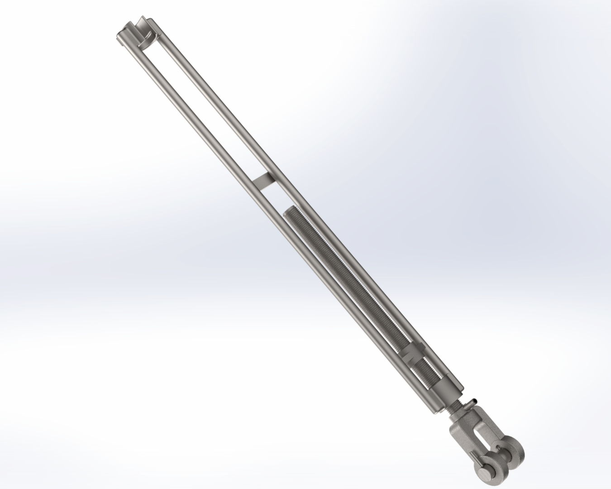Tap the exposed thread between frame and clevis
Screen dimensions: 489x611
click(x=454, y=407)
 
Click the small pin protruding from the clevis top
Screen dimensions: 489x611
click(x=473, y=402)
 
